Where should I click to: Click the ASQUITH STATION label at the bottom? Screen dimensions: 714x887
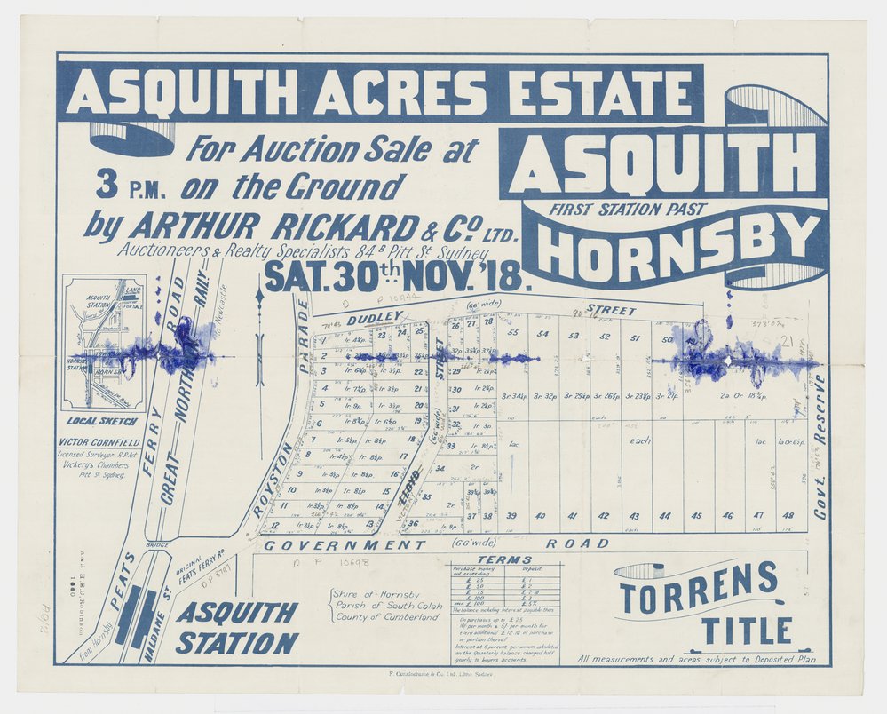point(236,627)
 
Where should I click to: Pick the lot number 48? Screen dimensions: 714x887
point(788,516)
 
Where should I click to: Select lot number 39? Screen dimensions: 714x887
point(511,516)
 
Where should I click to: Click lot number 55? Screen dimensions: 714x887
point(513,335)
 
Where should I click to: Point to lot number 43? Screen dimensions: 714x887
point(634,516)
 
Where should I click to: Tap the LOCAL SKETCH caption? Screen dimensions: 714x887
point(100,420)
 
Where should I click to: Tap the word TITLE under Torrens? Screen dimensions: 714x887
point(747,630)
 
